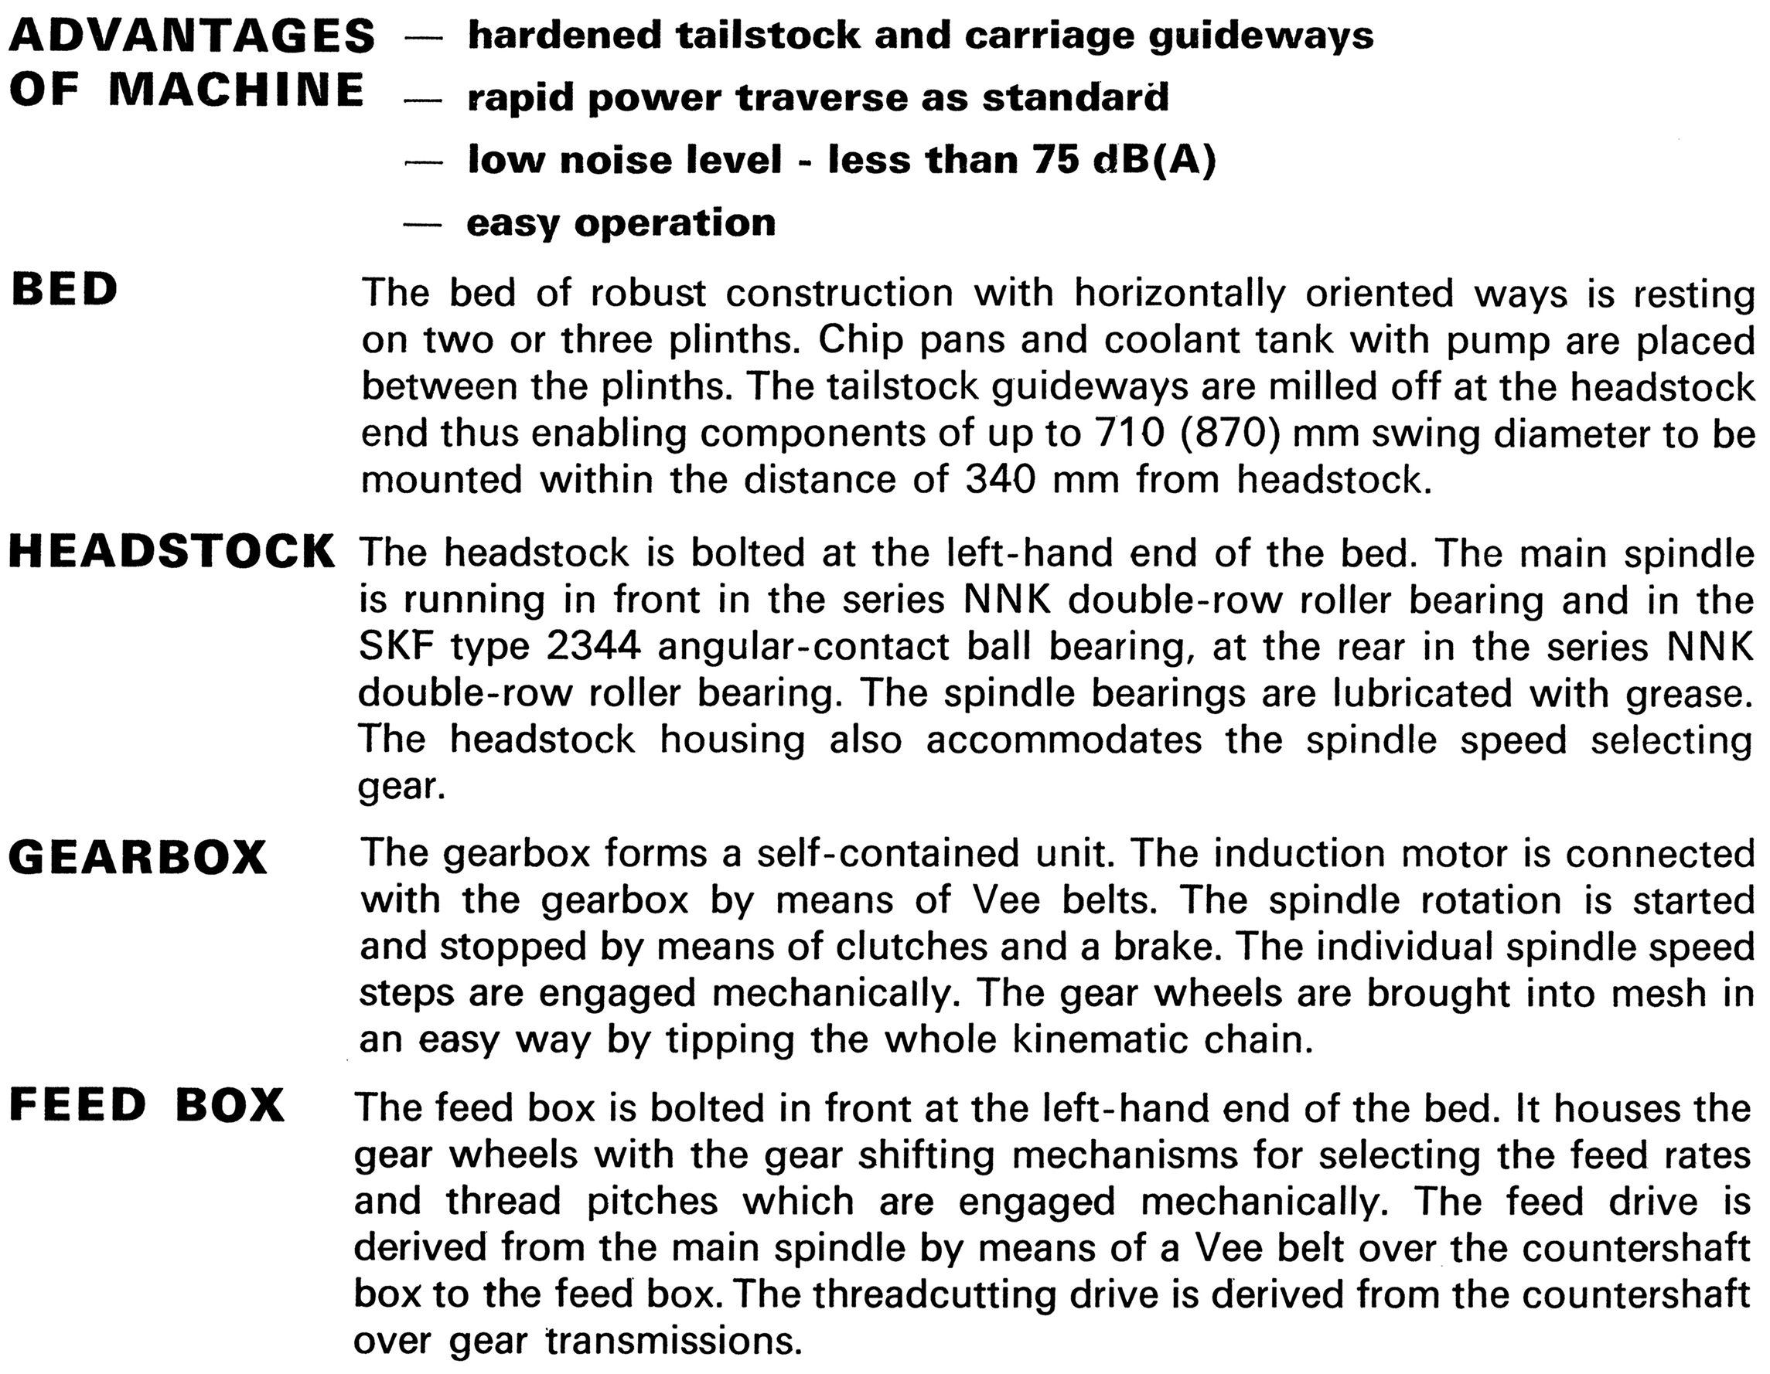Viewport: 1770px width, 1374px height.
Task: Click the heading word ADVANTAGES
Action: point(192,36)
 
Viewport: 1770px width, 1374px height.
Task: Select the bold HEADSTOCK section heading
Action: point(172,552)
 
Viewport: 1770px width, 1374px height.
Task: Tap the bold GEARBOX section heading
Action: point(138,857)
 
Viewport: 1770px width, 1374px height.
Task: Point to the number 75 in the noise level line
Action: point(1056,160)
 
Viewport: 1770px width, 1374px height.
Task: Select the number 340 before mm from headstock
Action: point(1001,480)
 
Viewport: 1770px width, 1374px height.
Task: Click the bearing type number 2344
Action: point(594,647)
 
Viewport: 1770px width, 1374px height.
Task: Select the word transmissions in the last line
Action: point(673,1341)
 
